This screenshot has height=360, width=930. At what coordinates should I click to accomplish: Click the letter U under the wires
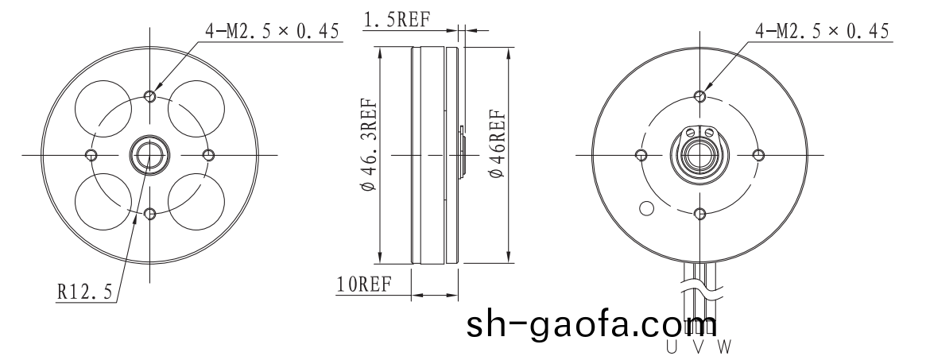pyautogui.click(x=672, y=347)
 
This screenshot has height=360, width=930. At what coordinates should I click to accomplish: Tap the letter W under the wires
pyautogui.click(x=723, y=347)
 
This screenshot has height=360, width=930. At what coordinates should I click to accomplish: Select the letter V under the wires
pyautogui.click(x=697, y=347)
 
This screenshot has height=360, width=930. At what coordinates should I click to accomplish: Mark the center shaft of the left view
pyautogui.click(x=149, y=153)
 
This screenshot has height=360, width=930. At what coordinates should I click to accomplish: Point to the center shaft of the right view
pyautogui.click(x=699, y=154)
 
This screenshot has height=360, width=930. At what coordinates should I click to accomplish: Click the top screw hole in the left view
pyautogui.click(x=149, y=95)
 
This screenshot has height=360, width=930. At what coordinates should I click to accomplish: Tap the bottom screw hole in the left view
pyautogui.click(x=149, y=212)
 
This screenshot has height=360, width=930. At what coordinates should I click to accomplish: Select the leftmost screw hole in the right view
pyautogui.click(x=641, y=154)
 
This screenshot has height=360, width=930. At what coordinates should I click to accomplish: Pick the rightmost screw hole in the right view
pyautogui.click(x=758, y=154)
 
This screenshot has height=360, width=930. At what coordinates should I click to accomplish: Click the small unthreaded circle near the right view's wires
pyautogui.click(x=646, y=208)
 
